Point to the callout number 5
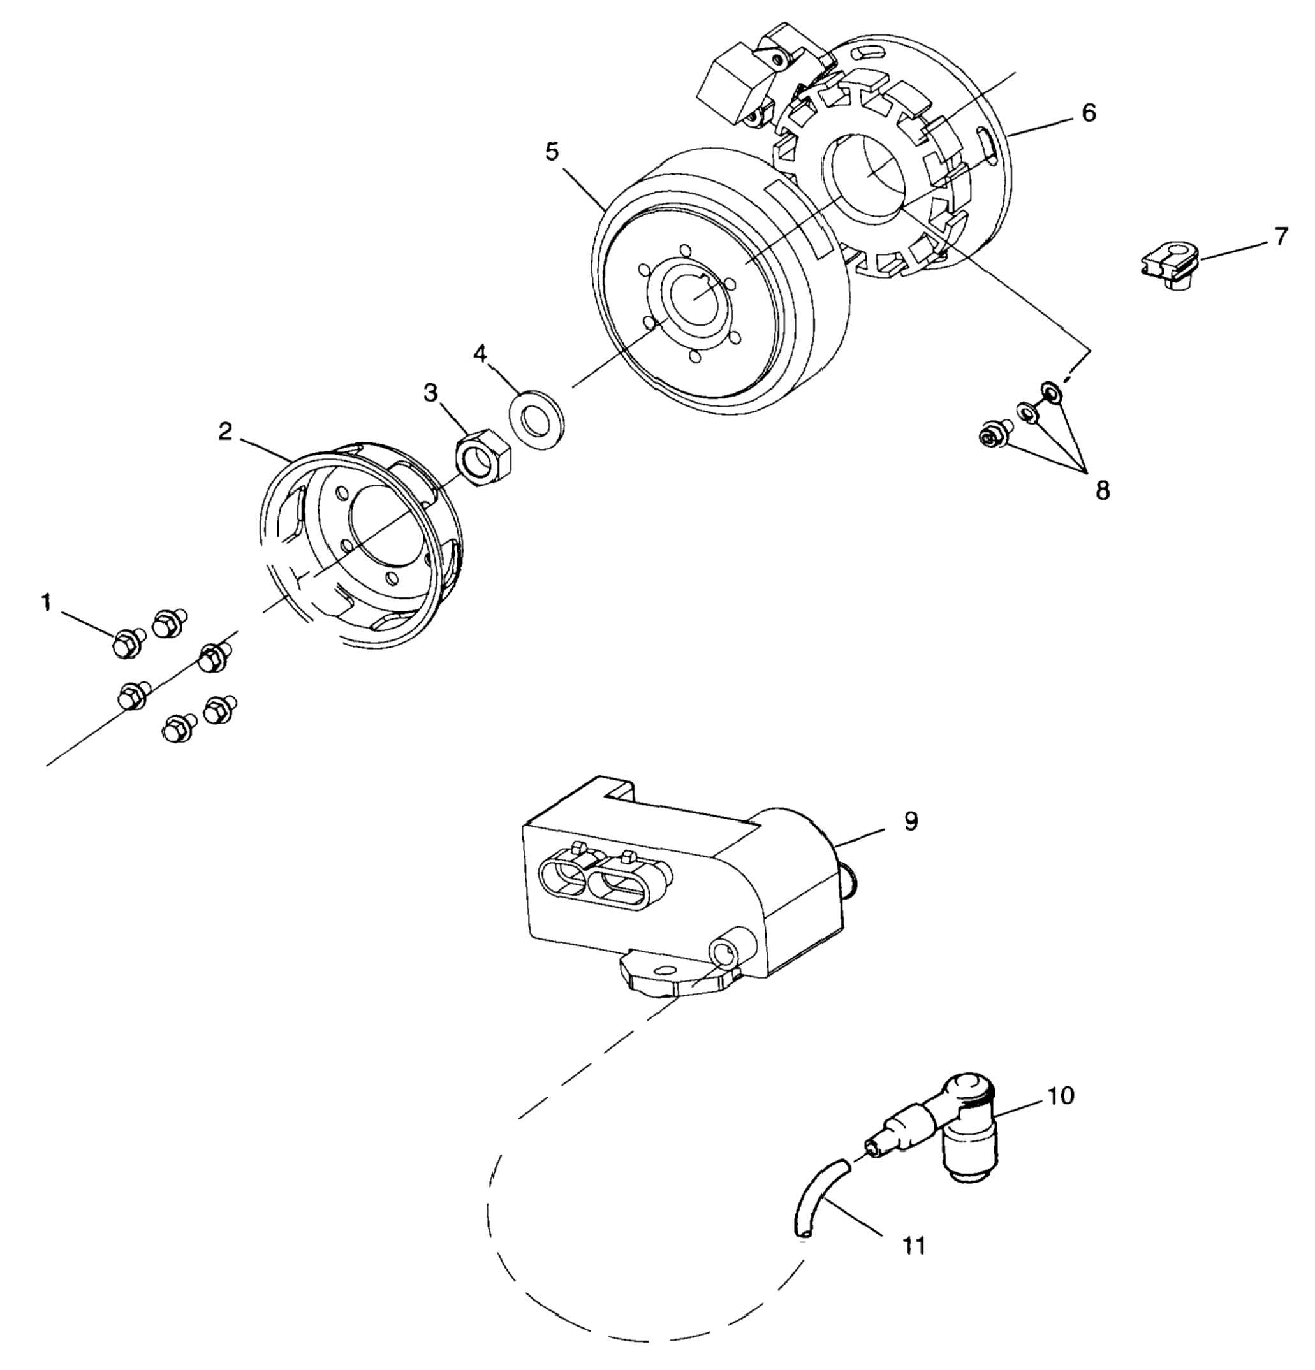pos(552,152)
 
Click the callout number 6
pos(1089,113)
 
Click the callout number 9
pos(910,821)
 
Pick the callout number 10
pos(1060,1095)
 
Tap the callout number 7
pos(1280,237)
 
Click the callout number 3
pos(430,392)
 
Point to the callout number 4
pos(480,353)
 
